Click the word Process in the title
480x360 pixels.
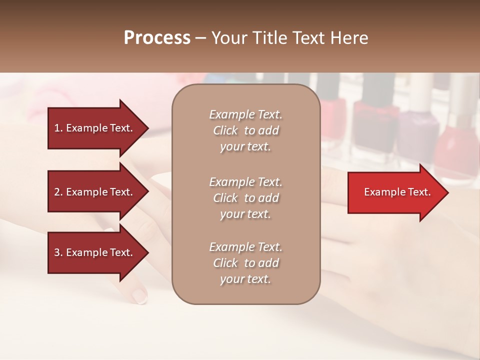(x=157, y=38)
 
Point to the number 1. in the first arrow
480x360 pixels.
(x=58, y=128)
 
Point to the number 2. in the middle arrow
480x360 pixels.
(x=58, y=192)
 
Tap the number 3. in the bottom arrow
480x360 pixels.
(x=58, y=252)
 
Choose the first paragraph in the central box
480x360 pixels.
(x=245, y=130)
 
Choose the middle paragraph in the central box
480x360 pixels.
(x=245, y=198)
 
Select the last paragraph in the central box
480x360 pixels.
(x=245, y=263)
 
